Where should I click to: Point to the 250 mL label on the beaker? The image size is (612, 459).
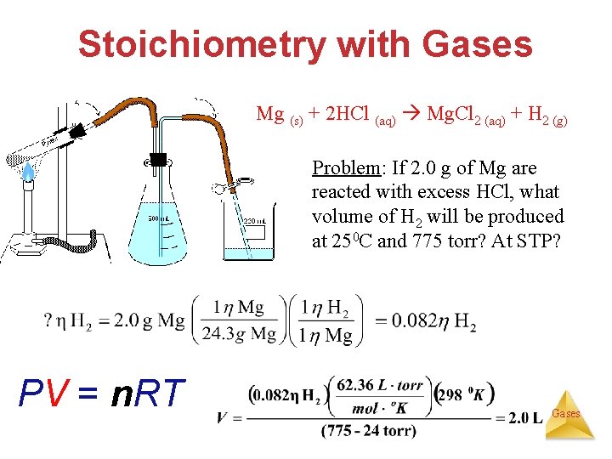(x=254, y=222)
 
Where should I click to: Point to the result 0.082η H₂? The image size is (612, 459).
(x=425, y=321)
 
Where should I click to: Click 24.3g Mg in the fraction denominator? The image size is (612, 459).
(x=239, y=335)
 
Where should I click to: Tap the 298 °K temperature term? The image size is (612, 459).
(x=464, y=395)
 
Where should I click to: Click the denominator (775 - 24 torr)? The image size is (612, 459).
(x=368, y=431)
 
